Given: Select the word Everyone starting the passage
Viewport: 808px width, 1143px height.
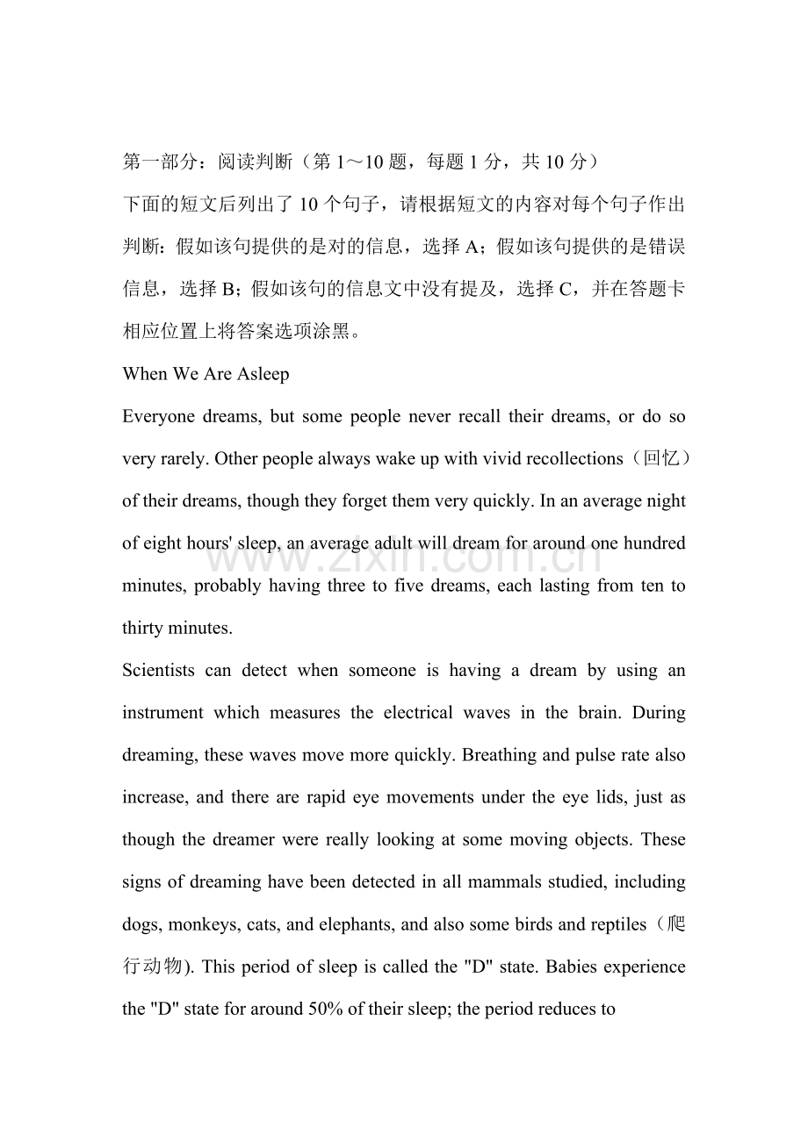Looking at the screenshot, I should [x=159, y=417].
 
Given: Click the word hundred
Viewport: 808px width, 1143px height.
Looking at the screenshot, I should [x=654, y=543].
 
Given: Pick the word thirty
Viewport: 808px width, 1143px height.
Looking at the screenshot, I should [x=144, y=629].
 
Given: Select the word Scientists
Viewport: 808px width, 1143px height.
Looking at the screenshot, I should [x=158, y=671].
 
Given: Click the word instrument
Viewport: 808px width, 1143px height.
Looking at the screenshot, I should [x=162, y=713].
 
